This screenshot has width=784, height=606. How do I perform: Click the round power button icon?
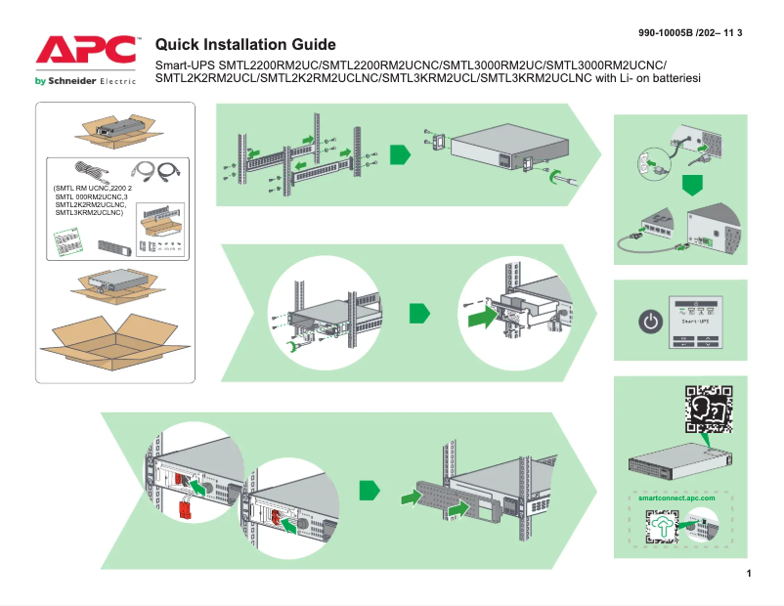point(649,320)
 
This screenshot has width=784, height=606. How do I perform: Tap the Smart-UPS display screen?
point(703,314)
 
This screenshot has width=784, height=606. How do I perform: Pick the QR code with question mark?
point(706,410)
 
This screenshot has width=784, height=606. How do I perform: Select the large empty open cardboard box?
point(114,346)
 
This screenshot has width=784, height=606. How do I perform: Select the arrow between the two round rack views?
point(418,313)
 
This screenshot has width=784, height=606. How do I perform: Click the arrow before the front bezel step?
point(369,488)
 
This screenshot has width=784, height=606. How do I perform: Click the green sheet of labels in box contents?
point(71,239)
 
